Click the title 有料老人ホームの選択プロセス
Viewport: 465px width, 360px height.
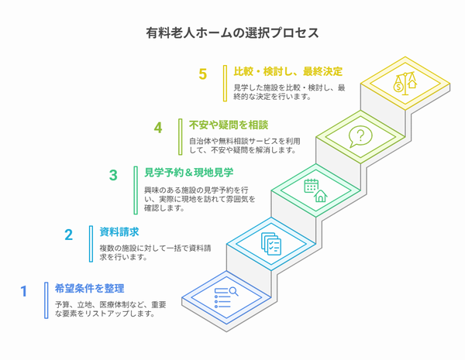(232, 33)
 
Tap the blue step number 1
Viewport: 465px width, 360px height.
(24, 291)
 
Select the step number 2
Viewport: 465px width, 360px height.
(68, 235)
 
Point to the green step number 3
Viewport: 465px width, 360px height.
(113, 175)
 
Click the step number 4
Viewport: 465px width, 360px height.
(158, 128)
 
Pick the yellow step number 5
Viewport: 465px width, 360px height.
(202, 74)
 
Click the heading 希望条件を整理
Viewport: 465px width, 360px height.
(89, 288)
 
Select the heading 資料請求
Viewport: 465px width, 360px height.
(119, 231)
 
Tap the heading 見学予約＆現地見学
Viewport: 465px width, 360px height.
(189, 172)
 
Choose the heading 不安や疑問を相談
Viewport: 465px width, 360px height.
(229, 125)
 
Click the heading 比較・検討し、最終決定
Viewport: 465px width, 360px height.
(288, 71)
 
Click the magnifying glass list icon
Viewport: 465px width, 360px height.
(226, 297)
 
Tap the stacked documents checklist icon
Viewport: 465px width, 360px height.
(271, 244)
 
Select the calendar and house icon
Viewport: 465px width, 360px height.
(315, 190)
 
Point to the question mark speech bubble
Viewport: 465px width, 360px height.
(360, 136)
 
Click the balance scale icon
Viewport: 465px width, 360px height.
(405, 84)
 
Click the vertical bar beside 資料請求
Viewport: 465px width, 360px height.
(91, 244)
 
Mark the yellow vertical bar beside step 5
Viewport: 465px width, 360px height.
(225, 84)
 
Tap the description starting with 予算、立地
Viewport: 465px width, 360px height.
(110, 309)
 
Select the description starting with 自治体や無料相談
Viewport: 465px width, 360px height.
(245, 146)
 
